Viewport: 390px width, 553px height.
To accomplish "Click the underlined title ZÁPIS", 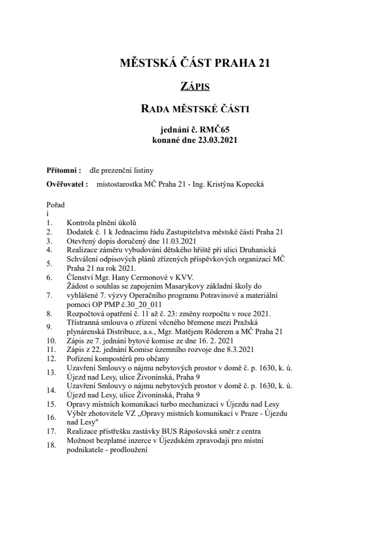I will (194, 86).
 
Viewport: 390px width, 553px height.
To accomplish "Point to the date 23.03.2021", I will (217, 139).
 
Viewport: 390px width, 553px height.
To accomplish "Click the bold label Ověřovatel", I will (66, 184).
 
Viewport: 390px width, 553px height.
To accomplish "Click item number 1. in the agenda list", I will (49, 223).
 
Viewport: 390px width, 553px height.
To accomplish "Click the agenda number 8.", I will (49, 314).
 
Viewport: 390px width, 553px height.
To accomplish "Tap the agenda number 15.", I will (51, 404).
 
